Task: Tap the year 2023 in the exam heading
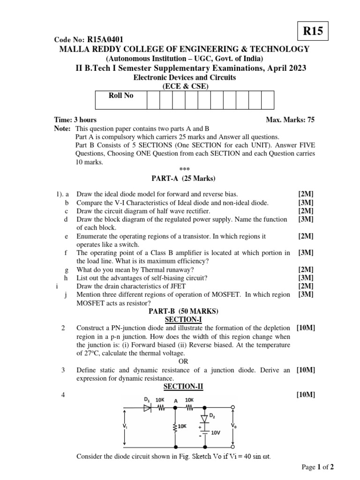pyautogui.click(x=296, y=68)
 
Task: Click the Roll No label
pyautogui.click(x=121, y=96)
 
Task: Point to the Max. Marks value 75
pyautogui.click(x=310, y=120)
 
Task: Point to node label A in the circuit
pyautogui.click(x=176, y=401)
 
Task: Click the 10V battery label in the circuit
pyautogui.click(x=216, y=433)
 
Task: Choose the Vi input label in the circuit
pyautogui.click(x=125, y=426)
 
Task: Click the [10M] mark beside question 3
pyautogui.click(x=306, y=370)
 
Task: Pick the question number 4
pyautogui.click(x=63, y=395)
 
